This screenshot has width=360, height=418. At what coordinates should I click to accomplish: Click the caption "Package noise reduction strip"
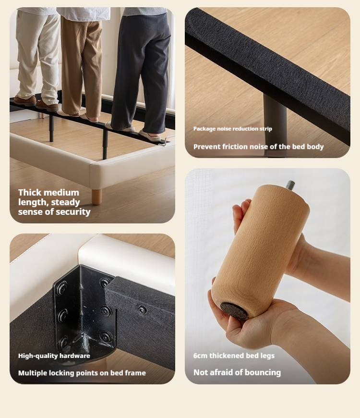(233, 129)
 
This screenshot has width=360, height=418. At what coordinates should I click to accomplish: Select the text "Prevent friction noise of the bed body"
(259, 147)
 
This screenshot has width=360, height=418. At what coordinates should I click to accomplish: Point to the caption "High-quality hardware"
(54, 356)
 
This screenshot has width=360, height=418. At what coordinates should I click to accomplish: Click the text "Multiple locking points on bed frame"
(82, 373)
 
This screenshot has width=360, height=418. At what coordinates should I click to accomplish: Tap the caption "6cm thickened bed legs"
(234, 356)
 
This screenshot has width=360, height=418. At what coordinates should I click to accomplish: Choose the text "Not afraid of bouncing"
(237, 372)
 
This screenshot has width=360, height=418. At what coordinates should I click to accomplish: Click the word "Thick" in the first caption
(29, 193)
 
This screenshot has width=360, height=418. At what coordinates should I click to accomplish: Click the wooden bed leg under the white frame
(96, 197)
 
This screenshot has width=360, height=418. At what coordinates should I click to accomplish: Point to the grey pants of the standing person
(141, 72)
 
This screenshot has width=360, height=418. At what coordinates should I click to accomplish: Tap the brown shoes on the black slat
(36, 103)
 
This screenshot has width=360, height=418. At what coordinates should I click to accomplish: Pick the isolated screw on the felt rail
(142, 309)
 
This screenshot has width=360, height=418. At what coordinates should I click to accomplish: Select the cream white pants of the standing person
(37, 56)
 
